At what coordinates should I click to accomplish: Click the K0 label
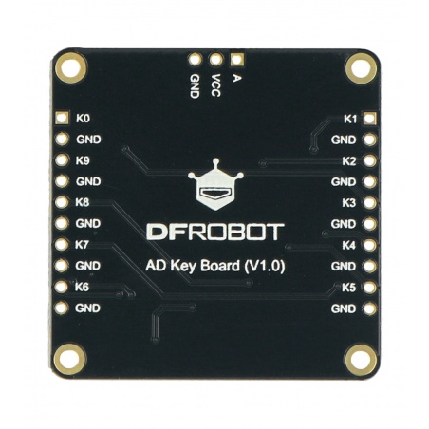coord(83,119)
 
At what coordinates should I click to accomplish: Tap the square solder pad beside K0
coord(62,118)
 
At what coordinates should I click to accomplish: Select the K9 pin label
coord(83,160)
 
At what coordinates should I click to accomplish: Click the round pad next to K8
coord(62,202)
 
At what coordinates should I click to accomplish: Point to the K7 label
coord(82,245)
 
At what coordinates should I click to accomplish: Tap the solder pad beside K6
coord(62,287)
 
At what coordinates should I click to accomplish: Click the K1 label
coord(350,119)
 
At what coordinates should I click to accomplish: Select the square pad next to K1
coord(370,119)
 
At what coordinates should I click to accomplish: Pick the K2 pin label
coord(349,161)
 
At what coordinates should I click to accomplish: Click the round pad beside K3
coord(369,203)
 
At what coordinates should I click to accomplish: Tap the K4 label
coord(349,245)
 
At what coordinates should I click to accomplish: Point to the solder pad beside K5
coord(369,288)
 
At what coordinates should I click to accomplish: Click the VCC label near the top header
coord(215,85)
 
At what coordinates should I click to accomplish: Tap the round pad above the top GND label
coord(195,59)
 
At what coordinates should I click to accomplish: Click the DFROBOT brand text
coord(215,232)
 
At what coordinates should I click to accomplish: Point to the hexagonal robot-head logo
coord(215,185)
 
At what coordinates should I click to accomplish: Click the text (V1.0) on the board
coord(265,266)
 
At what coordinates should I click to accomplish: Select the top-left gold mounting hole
coord(71,67)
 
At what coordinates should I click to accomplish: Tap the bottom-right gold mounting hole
coord(361,360)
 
